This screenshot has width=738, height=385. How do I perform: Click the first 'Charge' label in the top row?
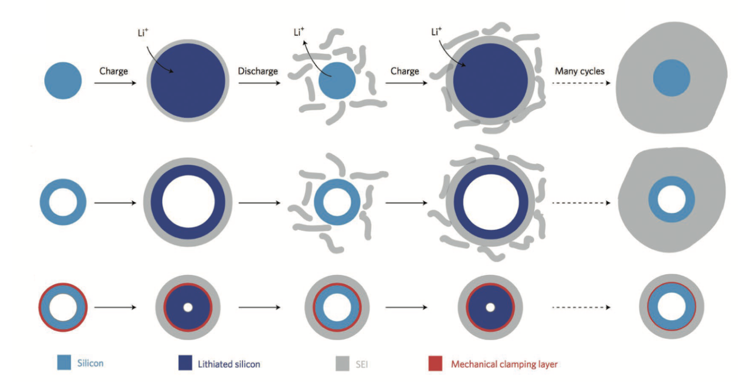coord(113,71)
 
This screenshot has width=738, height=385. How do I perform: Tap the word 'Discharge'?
coord(258,71)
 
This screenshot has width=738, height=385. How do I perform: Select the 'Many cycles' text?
coord(579,71)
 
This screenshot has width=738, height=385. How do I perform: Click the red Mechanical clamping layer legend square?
coord(435,363)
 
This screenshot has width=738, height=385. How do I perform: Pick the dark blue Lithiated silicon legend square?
coord(185,363)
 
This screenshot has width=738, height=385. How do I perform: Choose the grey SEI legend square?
coord(342,363)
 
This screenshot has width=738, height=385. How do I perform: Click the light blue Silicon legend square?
coord(64,363)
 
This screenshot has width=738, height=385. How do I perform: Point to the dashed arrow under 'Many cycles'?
coord(581,83)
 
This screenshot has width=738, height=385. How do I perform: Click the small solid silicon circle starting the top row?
coord(63,80)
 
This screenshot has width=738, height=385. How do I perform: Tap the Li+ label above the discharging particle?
coord(299,33)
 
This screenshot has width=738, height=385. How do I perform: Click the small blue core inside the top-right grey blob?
coord(672,78)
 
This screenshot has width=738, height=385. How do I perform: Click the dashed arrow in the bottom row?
coord(581,308)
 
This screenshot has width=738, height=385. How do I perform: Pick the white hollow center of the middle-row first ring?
coord(63,202)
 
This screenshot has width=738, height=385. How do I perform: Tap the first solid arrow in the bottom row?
coord(115,308)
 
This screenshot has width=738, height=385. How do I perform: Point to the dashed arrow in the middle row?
coord(581,203)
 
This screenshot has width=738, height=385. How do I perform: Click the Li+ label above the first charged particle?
coord(143,34)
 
